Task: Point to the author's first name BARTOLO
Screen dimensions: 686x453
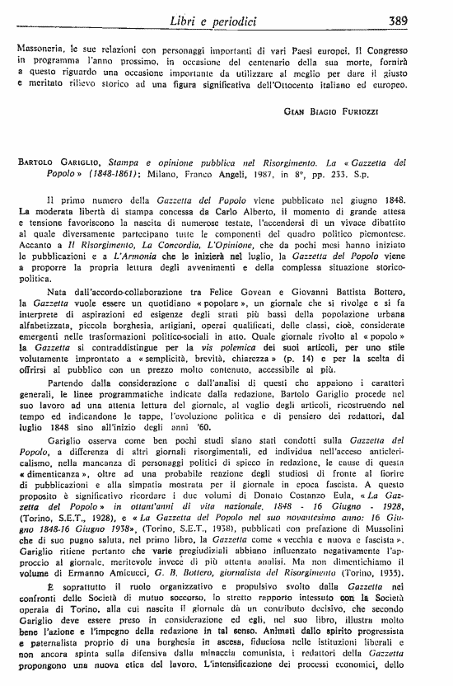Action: point(37,164)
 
